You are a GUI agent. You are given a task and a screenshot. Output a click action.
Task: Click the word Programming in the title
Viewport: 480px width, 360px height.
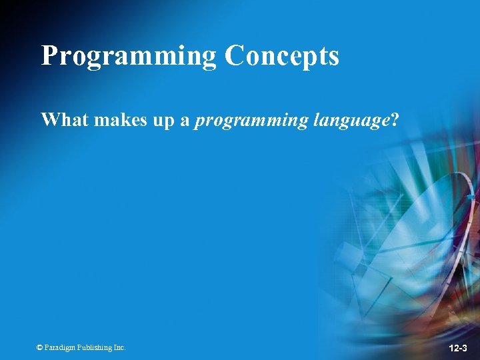(x=129, y=56)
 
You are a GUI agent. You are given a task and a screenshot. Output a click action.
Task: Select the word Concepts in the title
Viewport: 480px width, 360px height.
(x=282, y=56)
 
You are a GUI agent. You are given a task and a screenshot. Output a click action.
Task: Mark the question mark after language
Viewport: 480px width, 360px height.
(x=395, y=120)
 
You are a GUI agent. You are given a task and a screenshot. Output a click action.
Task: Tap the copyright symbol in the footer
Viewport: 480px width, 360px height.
(x=40, y=347)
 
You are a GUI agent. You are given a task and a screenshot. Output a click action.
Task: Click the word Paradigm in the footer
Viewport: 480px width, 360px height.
(x=61, y=347)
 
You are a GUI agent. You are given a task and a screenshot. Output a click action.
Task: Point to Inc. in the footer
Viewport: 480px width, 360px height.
(x=119, y=347)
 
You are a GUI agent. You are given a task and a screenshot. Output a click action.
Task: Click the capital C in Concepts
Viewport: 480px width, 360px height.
(x=235, y=56)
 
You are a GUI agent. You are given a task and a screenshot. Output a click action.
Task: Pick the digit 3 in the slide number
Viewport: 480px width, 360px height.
(x=465, y=348)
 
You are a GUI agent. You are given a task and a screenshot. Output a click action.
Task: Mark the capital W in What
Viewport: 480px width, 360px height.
(x=49, y=120)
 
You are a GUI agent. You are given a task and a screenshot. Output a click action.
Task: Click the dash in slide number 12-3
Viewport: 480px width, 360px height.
(x=459, y=349)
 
